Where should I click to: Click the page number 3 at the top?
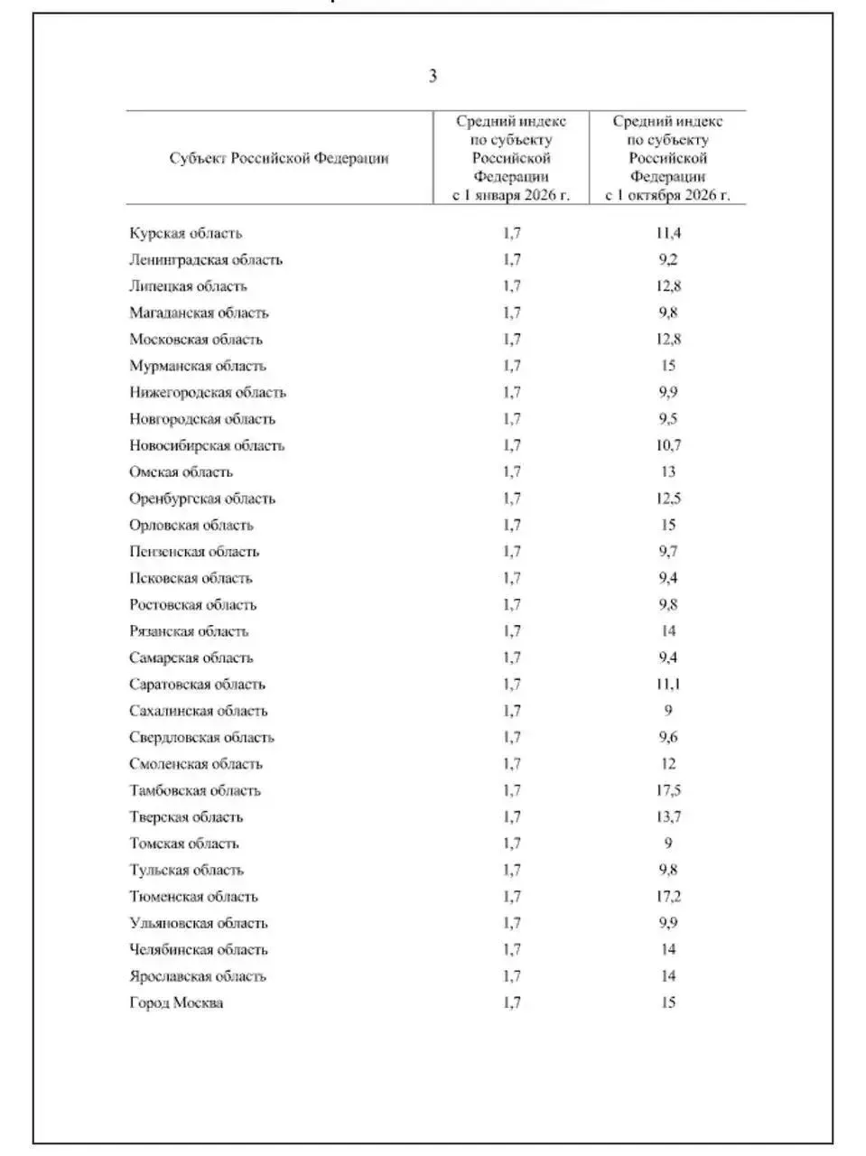[x=433, y=76]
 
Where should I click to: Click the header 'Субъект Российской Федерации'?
[x=279, y=159]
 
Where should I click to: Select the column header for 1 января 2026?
[x=511, y=159]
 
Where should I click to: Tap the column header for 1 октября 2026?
[x=667, y=159]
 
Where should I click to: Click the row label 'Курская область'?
[x=185, y=234]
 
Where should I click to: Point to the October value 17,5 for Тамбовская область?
[x=668, y=791]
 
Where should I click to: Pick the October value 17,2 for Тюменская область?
[x=668, y=897]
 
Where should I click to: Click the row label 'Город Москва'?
[x=176, y=1003]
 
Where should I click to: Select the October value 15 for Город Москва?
[x=668, y=1003]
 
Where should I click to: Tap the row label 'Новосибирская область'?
[x=207, y=446]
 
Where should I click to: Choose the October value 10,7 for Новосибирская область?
[x=668, y=446]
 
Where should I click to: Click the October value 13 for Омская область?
[x=668, y=472]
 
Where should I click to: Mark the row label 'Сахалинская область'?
[x=199, y=712]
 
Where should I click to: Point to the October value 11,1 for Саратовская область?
[x=668, y=685]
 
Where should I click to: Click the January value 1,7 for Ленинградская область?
[x=512, y=260]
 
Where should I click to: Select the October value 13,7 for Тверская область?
[x=668, y=817]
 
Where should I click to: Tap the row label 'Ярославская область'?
[x=198, y=977]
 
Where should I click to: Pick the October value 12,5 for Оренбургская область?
[x=668, y=499]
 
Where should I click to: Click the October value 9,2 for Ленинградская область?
[x=668, y=260]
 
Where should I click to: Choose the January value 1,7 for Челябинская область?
[x=512, y=950]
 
